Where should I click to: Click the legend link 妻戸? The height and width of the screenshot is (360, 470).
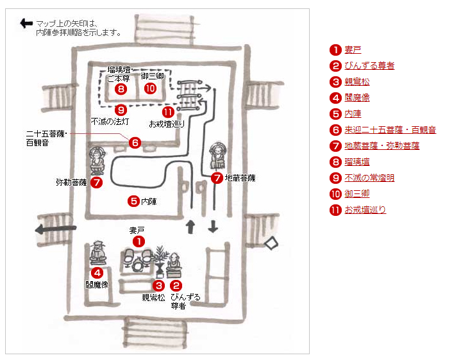coord(353,49)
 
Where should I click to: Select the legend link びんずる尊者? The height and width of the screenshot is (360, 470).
coord(369,65)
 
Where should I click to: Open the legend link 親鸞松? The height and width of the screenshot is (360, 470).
coord(357,81)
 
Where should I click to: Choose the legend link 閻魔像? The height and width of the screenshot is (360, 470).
coord(357,97)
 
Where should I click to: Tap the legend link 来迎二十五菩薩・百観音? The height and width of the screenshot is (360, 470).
coord(390,129)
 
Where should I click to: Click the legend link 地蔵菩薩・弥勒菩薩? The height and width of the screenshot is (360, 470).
coord(382,145)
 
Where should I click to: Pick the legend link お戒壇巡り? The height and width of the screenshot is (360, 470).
coord(365,209)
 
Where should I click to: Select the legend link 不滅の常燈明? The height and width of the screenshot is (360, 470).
coord(369,177)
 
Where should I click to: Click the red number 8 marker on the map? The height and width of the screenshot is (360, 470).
coord(121,88)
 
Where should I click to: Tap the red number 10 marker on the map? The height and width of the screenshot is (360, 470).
coord(150,88)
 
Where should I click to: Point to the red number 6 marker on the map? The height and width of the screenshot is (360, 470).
coord(134,143)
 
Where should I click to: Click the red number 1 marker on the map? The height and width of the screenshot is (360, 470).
coord(138,241)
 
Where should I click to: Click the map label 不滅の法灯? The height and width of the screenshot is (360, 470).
coord(110,121)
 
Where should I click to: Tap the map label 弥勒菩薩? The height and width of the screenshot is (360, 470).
coord(71,183)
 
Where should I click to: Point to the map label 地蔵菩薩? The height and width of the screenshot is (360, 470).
coord(240,177)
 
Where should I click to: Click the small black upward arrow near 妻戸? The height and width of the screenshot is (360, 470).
coord(190,227)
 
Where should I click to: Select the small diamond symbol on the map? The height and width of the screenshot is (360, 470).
coord(272,243)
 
